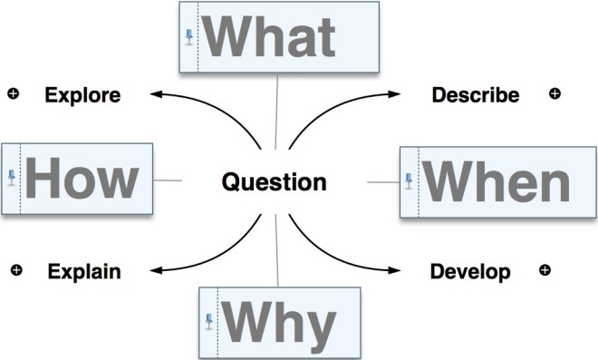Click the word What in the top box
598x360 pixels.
pyautogui.click(x=271, y=37)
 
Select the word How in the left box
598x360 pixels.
pyautogui.click(x=81, y=178)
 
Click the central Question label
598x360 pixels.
pyautogui.click(x=274, y=182)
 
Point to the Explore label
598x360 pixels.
pyautogui.click(x=82, y=94)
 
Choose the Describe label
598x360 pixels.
pyautogui.click(x=475, y=94)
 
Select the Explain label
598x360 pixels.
pyautogui.click(x=84, y=270)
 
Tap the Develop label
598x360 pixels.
pyautogui.click(x=470, y=270)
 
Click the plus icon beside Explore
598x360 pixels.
pyautogui.click(x=13, y=92)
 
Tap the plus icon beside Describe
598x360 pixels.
pyautogui.click(x=555, y=92)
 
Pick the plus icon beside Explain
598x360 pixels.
pyautogui.click(x=15, y=269)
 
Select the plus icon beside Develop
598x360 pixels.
pyautogui.click(x=545, y=269)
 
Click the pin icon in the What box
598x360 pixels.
pyautogui.click(x=189, y=37)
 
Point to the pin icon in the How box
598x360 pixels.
pyautogui.click(x=12, y=177)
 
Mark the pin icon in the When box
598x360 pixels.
pyautogui.click(x=409, y=182)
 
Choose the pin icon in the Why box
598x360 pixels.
pyautogui.click(x=209, y=320)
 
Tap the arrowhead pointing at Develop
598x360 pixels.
pyautogui.click(x=400, y=270)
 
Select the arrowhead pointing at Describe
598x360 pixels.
pyautogui.click(x=400, y=93)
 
